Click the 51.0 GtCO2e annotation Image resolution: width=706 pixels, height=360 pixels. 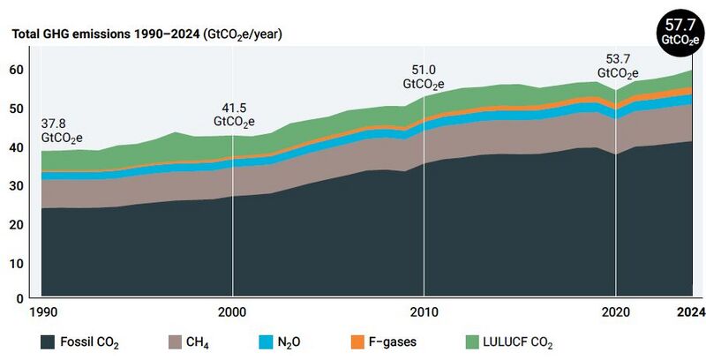[x=424, y=76]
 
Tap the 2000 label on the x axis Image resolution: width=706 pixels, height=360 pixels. [x=232, y=311]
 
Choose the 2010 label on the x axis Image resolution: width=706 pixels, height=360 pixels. [x=424, y=311]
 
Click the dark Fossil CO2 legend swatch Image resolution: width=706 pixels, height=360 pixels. [x=49, y=341]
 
